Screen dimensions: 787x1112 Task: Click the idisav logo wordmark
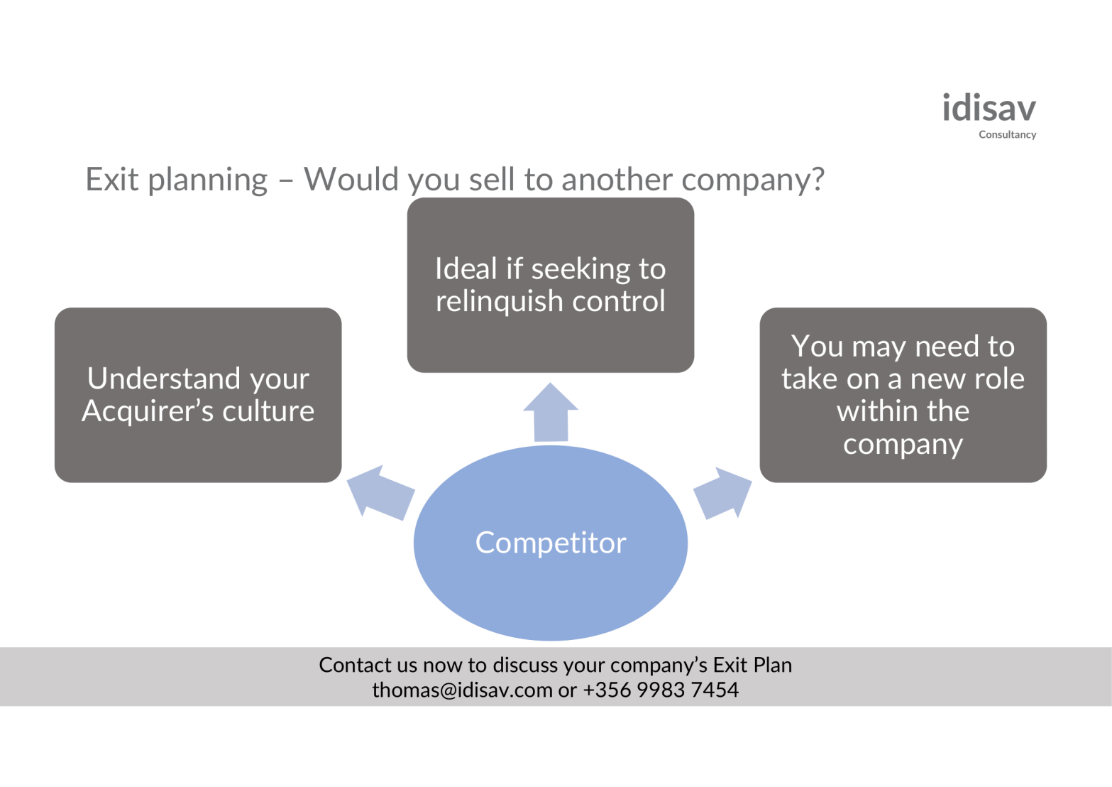989,109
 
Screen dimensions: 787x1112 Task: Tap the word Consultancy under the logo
1007,135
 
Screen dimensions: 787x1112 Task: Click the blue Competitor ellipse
551,543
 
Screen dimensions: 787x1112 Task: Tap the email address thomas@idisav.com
462,690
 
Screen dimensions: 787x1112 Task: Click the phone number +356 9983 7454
661,690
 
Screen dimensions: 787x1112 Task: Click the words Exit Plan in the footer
752,666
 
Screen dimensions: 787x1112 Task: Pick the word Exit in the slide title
112,180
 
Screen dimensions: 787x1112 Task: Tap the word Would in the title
351,180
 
